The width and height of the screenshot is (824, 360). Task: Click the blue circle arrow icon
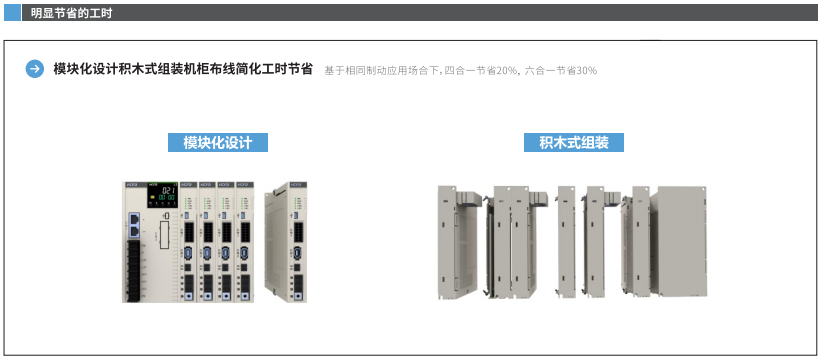click(x=35, y=69)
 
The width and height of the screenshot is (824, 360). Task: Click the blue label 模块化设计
click(x=217, y=142)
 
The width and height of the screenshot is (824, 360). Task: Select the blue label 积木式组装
click(x=574, y=142)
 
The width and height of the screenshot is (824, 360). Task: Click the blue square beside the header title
click(x=13, y=12)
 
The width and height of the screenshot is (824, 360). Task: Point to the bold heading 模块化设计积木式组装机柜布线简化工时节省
click(x=183, y=69)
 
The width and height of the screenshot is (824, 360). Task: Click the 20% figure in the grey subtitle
click(x=507, y=70)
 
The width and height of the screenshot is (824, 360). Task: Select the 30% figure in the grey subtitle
click(x=586, y=70)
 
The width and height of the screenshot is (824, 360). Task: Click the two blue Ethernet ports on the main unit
click(x=132, y=226)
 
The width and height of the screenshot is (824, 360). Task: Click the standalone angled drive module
click(x=286, y=240)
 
